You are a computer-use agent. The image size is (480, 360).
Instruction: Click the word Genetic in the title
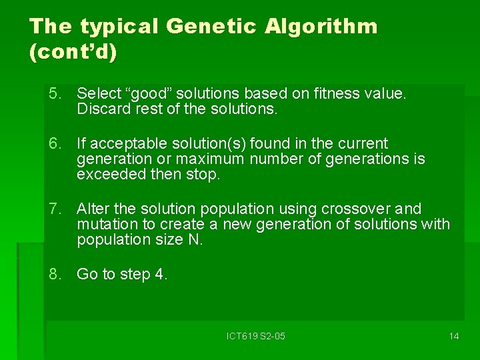[211, 27]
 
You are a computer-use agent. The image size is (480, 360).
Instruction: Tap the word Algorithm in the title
[321, 27]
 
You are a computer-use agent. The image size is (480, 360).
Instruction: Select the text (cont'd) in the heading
[73, 53]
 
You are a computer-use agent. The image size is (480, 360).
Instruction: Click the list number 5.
[54, 94]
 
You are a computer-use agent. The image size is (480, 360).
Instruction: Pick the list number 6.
[54, 143]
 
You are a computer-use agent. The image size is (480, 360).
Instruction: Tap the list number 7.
[54, 209]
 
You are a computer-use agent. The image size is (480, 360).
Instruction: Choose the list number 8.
[54, 274]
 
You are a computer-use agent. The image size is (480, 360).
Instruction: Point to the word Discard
[99, 109]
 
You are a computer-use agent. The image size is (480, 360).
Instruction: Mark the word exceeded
[106, 174]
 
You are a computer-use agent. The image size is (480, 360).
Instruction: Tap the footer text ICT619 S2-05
[255, 336]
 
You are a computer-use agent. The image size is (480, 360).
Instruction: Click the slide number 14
[453, 336]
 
